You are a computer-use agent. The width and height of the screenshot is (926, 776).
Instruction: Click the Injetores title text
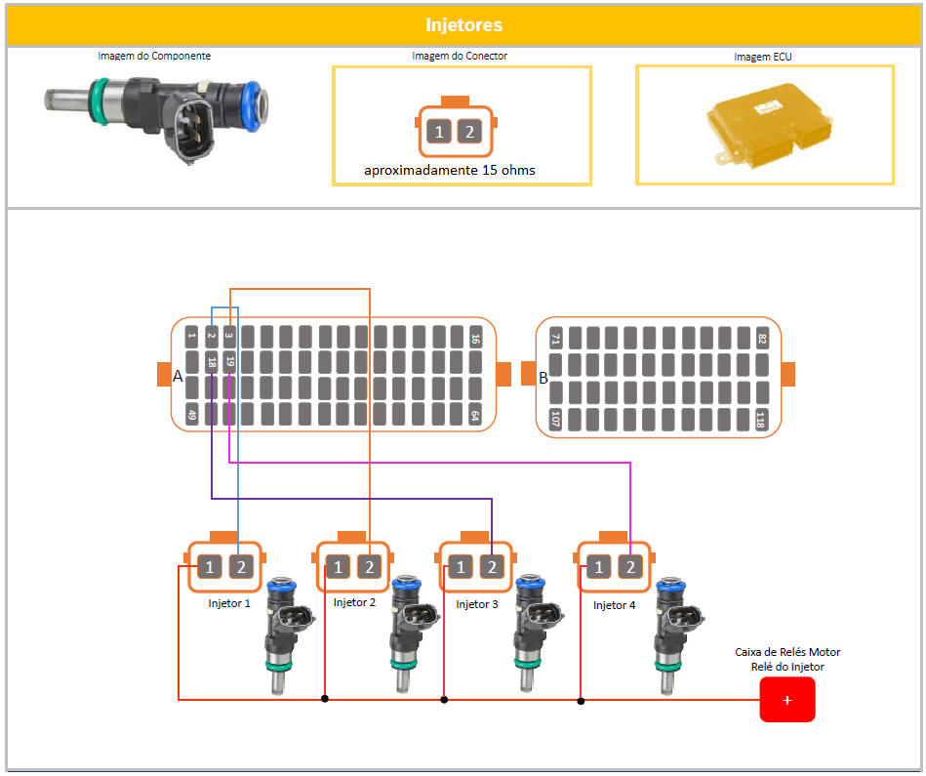click(x=463, y=24)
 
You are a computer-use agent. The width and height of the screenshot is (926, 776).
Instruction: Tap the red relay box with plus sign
click(x=786, y=699)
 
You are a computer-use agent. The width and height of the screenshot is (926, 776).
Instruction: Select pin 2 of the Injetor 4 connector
click(x=630, y=567)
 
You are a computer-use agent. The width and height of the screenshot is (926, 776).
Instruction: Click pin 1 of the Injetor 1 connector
click(x=210, y=566)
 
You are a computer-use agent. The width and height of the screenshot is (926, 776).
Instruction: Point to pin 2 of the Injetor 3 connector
click(x=492, y=567)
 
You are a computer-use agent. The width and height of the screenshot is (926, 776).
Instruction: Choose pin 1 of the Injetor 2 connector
click(x=338, y=566)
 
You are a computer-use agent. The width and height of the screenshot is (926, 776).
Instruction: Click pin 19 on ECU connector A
click(x=229, y=362)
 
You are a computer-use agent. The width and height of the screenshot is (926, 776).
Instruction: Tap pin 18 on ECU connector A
click(x=211, y=362)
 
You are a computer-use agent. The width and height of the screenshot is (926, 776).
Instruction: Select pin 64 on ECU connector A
click(x=475, y=415)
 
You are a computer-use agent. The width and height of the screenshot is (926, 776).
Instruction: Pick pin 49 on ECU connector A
click(x=192, y=415)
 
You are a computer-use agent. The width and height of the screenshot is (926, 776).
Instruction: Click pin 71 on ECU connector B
click(x=556, y=339)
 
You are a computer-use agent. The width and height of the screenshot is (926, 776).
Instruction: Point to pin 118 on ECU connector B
click(x=761, y=420)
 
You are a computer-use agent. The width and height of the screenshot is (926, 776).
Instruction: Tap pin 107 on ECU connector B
click(x=556, y=420)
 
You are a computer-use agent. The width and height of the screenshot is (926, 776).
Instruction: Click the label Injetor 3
click(x=476, y=605)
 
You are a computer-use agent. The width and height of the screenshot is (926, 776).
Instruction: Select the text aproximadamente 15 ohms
click(x=450, y=170)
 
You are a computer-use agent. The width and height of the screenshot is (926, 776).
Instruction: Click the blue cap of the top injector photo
click(x=259, y=101)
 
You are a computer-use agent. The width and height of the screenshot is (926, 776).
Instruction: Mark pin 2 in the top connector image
click(x=469, y=132)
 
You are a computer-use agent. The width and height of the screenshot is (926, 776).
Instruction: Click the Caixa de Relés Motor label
click(x=786, y=652)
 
